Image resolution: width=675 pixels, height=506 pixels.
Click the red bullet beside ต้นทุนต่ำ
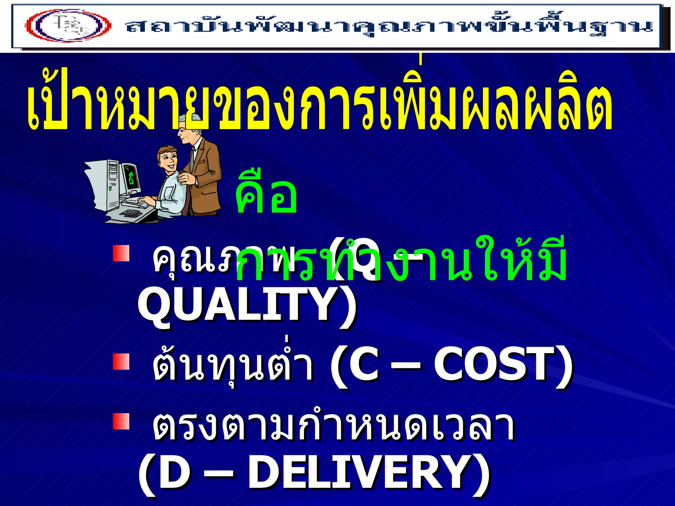(x=121, y=362)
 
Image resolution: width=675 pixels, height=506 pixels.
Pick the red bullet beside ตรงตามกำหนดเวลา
(x=121, y=422)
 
